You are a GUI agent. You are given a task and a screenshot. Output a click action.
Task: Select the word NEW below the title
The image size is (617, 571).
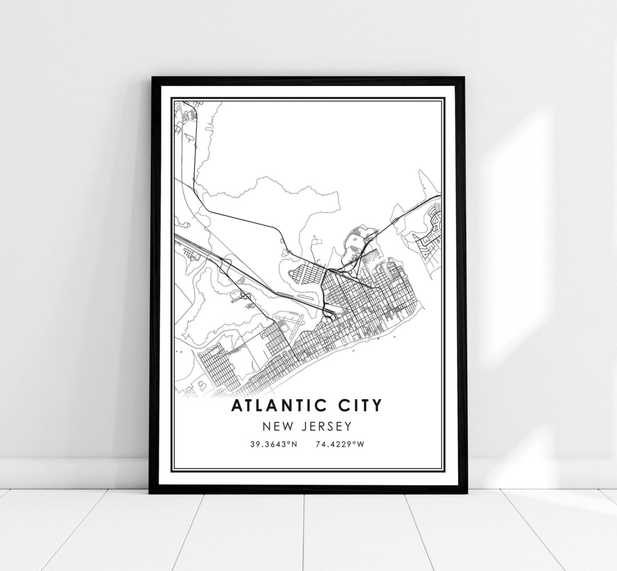pos(277,426)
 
